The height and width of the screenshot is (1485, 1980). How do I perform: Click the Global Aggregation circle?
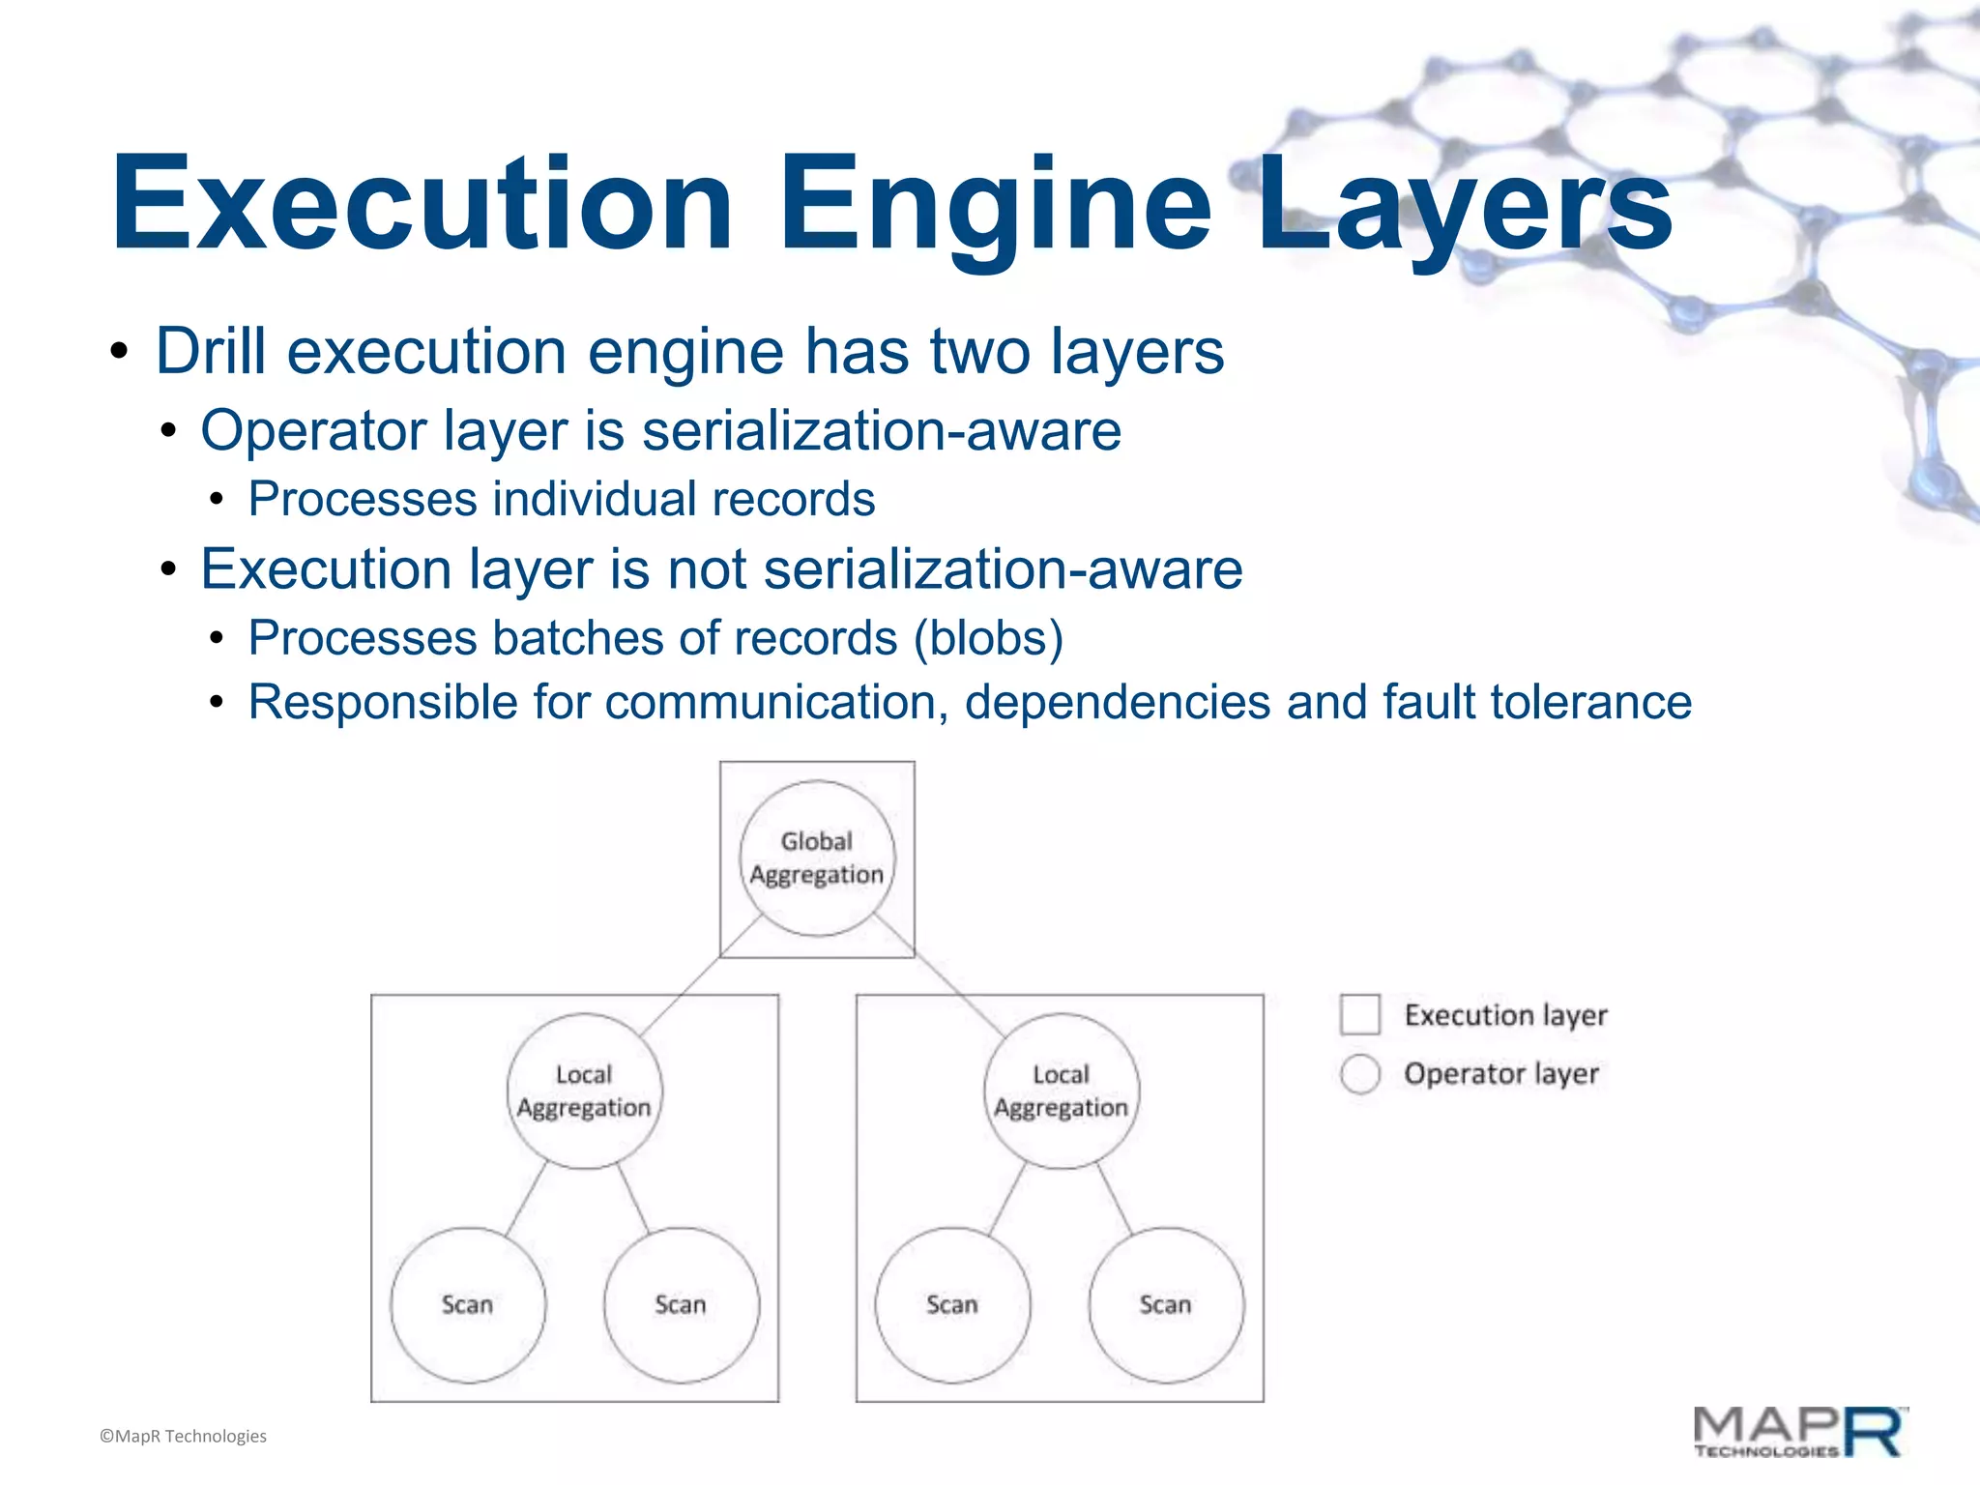point(817,859)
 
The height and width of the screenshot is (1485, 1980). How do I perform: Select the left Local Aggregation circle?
point(584,1092)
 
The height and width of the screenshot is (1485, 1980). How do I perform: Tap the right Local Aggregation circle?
point(1061,1092)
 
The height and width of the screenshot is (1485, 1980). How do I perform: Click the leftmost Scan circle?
point(468,1305)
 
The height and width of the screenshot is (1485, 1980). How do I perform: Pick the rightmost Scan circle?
point(1166,1305)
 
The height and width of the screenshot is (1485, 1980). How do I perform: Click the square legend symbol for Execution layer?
point(1360,1015)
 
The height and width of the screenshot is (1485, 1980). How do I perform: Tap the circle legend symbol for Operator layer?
point(1360,1074)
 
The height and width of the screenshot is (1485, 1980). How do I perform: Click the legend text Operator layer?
point(1500,1074)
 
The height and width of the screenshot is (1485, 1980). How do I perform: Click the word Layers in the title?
point(1465,205)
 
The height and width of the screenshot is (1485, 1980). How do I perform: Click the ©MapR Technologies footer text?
point(183,1437)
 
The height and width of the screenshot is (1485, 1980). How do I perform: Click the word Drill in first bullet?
point(211,351)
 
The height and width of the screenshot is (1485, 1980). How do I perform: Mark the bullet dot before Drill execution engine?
point(119,353)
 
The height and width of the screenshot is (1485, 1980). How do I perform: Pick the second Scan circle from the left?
point(682,1305)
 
